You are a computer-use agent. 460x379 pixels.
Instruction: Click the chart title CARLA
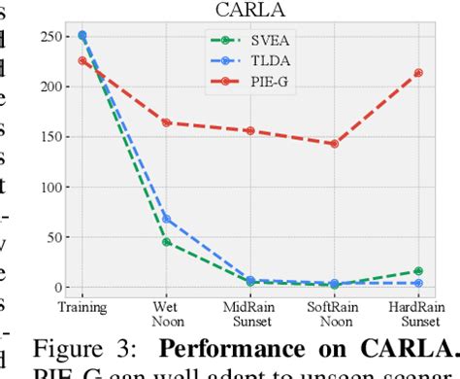250,11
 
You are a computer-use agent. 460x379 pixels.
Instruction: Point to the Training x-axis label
82,307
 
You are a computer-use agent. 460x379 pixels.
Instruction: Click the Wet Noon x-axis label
167,313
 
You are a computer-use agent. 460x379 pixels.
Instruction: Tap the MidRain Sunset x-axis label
250,313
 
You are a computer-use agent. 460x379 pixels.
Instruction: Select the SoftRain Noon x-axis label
334,313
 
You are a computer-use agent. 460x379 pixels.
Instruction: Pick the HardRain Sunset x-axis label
417,313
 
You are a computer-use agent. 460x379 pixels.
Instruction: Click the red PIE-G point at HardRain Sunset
418,73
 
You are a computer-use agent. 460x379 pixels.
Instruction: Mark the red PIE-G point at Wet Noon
167,122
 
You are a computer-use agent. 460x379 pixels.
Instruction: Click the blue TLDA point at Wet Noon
167,219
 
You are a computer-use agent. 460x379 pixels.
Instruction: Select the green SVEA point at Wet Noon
167,242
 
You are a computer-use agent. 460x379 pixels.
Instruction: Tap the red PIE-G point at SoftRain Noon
335,144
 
